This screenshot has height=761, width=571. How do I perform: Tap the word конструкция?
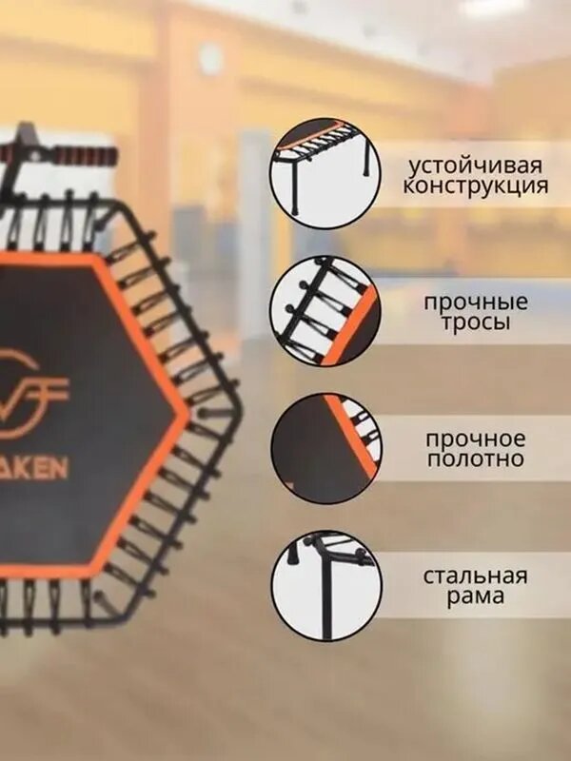[x=474, y=185]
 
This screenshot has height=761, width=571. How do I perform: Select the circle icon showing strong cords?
[x=325, y=311]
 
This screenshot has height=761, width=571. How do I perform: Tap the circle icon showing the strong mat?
[x=325, y=448]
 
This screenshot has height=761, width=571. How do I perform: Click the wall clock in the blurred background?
[x=211, y=59]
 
